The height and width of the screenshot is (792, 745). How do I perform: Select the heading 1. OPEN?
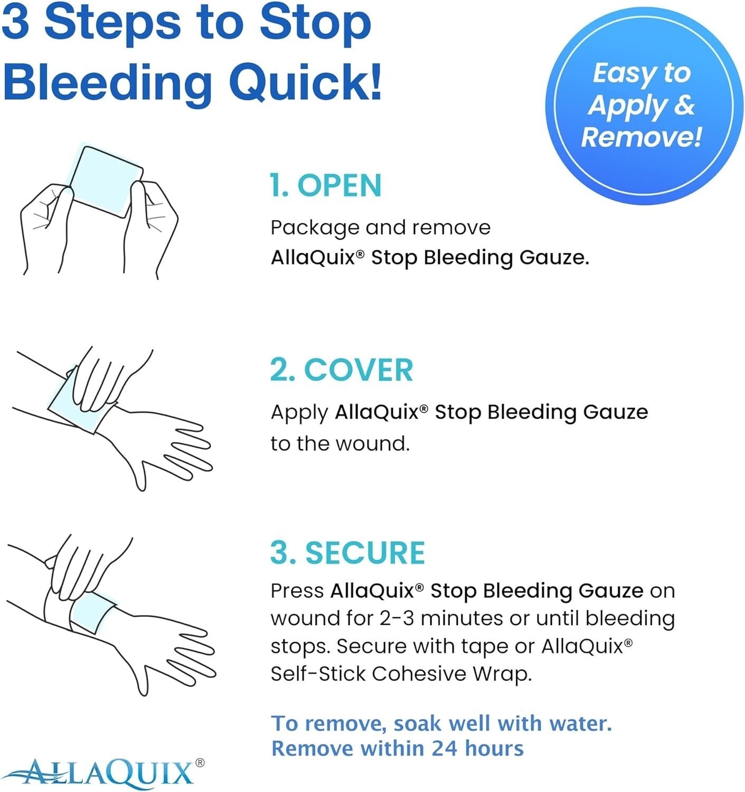click(x=325, y=185)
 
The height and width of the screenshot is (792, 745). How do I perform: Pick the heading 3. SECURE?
click(x=347, y=553)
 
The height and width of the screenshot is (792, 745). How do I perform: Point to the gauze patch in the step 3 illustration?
click(x=91, y=612)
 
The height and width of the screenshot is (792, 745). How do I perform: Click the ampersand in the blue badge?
click(x=684, y=105)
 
